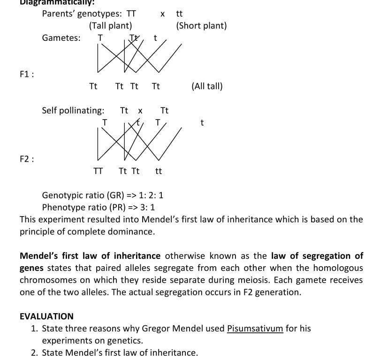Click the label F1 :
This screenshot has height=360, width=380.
tap(27, 74)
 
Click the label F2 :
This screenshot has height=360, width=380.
tap(27, 159)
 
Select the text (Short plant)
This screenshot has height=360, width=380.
tap(201, 26)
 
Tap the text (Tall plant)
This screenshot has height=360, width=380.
tap(110, 26)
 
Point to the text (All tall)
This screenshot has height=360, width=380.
tap(207, 86)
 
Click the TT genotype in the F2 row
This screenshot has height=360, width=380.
tap(98, 171)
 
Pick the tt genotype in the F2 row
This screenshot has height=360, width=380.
tap(158, 171)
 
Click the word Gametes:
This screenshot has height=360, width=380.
tap(61, 38)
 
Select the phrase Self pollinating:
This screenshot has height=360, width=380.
tap(73, 111)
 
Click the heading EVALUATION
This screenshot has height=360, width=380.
tap(46, 316)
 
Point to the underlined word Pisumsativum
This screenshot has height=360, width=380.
tap(255, 329)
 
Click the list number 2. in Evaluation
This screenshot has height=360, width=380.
tap(34, 352)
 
